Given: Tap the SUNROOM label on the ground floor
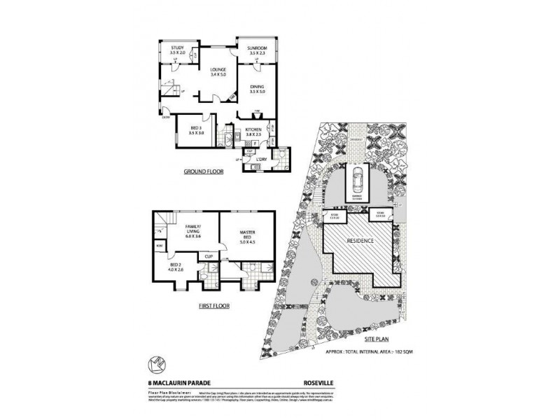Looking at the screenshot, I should [256, 49].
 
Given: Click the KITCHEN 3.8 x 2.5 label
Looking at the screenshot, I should [253, 132].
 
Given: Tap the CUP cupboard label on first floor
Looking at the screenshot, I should [209, 256].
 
